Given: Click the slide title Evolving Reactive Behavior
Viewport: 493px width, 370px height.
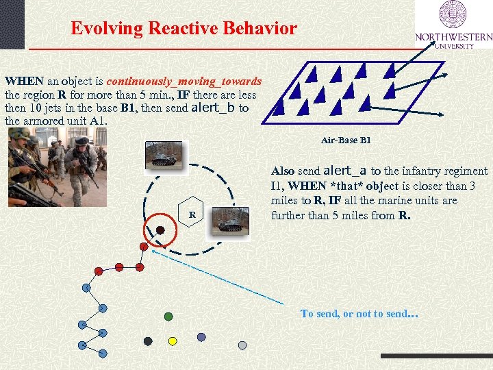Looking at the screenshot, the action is point(184,29).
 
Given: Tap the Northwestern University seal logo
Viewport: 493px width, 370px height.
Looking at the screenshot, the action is point(453,16).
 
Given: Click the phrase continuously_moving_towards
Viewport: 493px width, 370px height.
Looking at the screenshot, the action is point(184,81).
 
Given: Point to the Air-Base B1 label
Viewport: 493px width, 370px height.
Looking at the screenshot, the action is point(345,140).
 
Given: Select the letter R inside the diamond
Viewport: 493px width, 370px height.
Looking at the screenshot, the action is point(192,215).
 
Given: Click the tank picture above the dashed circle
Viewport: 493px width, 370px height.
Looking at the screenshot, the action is point(163,155).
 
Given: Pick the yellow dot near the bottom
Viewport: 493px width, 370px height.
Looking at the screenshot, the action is point(173,341).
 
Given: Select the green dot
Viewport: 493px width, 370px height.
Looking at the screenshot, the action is point(168,317).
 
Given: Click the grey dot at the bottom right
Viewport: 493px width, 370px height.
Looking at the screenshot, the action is point(242,345).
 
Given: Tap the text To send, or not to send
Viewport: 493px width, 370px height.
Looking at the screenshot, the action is point(359,314).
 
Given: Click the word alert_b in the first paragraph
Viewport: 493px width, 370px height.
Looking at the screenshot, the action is point(214,108).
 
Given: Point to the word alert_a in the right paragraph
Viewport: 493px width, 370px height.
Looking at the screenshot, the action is point(344,171).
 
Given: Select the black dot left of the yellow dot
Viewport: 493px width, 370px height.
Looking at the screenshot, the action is point(148,341).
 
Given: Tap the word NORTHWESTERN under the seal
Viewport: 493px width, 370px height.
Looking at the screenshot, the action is point(453,37).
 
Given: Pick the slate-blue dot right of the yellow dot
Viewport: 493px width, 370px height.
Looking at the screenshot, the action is point(201,337).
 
